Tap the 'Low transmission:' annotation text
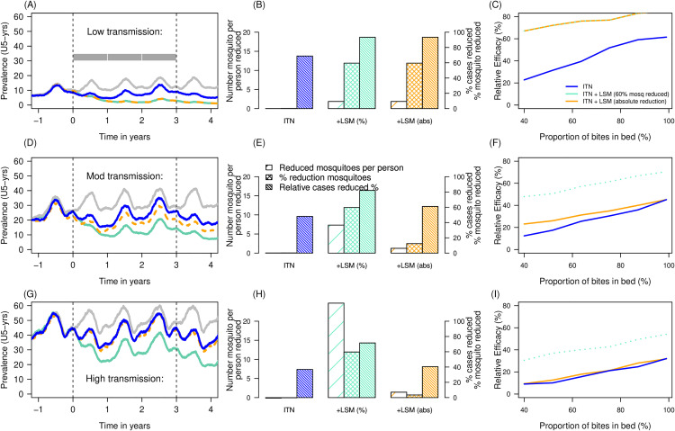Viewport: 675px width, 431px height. coord(125,31)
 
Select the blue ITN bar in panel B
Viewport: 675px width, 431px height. coord(305,83)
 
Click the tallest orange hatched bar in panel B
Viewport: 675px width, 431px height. coord(429,73)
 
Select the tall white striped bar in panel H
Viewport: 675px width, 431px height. coord(337,351)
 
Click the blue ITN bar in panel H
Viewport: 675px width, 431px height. coord(305,383)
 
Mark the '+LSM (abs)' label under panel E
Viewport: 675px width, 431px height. coord(414,265)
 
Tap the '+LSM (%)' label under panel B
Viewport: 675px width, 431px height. coord(352,121)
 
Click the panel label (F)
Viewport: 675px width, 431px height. coord(496,149)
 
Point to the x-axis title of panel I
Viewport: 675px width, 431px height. coord(595,426)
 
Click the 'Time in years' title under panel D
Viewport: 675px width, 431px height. coord(125,281)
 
